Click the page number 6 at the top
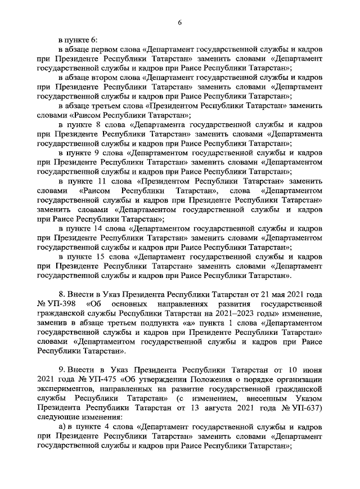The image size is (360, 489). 179,22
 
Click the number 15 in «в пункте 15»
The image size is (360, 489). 102,257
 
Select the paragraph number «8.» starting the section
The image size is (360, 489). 62,295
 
